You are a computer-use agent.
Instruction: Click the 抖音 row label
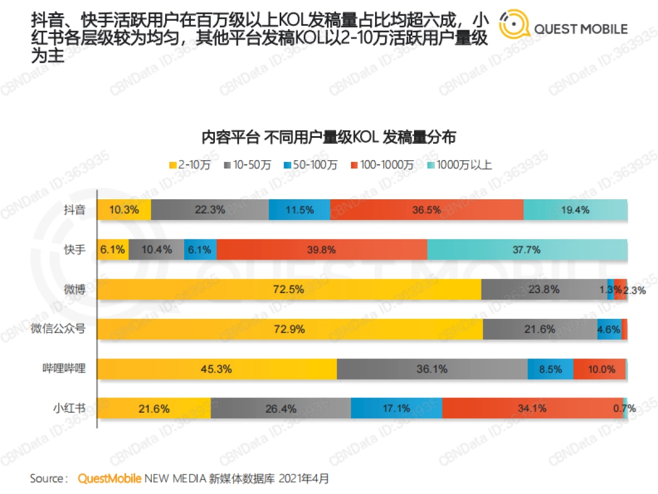(74, 210)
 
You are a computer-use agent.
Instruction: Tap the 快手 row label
(74, 250)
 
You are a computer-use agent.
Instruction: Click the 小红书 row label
(69, 408)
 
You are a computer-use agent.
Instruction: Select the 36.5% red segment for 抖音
(427, 210)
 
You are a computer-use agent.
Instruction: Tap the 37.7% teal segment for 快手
(527, 250)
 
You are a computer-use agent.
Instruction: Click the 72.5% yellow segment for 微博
(289, 289)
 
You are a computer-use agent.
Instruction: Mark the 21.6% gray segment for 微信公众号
(540, 329)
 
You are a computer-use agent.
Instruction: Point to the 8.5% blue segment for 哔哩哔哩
(550, 369)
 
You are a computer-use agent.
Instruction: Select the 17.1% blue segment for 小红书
(396, 408)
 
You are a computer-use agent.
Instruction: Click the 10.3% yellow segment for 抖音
(124, 210)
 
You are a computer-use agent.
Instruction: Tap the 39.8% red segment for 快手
(321, 250)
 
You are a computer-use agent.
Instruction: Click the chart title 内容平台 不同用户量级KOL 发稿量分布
(328, 137)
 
